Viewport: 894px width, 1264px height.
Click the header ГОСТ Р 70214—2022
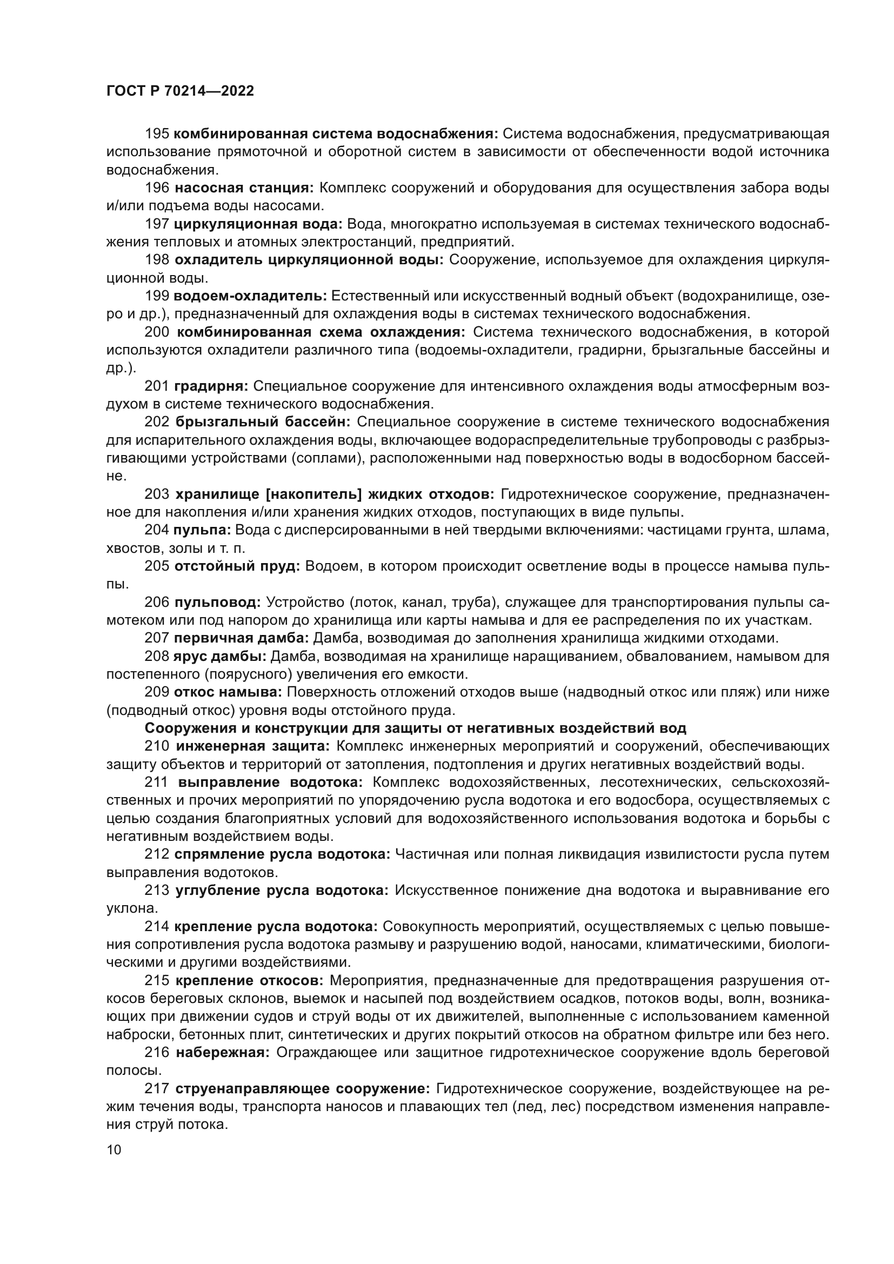point(180,91)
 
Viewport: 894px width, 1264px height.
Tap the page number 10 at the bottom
point(114,1149)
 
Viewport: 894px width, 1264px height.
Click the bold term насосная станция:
point(244,188)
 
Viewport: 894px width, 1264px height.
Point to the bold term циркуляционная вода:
point(258,224)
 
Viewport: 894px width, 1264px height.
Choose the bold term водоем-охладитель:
point(250,296)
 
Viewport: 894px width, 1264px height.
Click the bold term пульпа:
point(202,530)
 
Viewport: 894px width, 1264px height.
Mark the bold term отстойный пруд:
point(237,566)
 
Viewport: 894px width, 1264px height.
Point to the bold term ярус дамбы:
point(219,657)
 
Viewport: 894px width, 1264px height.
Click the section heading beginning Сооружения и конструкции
point(415,728)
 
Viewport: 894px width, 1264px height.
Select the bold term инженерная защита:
point(252,746)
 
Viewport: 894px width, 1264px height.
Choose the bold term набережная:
point(222,1053)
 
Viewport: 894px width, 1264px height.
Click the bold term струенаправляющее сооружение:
point(302,1089)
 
